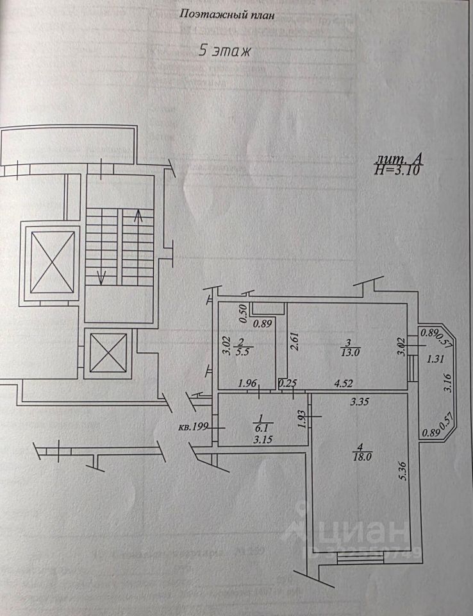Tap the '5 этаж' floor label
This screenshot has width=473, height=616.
click(x=224, y=52)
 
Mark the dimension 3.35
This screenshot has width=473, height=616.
click(x=361, y=403)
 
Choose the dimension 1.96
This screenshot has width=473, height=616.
click(x=247, y=384)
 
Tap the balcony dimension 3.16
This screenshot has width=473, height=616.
click(x=448, y=383)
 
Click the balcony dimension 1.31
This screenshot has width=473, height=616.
click(x=436, y=359)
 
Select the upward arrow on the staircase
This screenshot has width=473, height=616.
click(x=138, y=221)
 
